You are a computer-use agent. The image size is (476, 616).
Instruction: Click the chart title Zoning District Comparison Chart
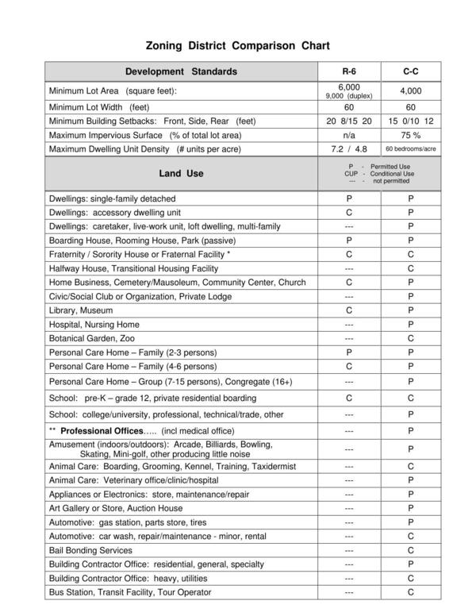pyautogui.click(x=237, y=46)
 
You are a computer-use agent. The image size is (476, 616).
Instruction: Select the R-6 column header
pyautogui.click(x=349, y=71)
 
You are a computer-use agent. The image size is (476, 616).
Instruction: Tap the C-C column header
pyautogui.click(x=410, y=71)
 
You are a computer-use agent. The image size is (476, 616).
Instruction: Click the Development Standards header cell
pyautogui.click(x=181, y=71)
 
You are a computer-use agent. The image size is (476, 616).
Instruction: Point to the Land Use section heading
pyautogui.click(x=181, y=173)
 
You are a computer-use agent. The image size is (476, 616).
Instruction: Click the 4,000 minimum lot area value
pyautogui.click(x=410, y=90)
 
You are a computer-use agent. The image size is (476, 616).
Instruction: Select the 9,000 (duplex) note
pyautogui.click(x=349, y=96)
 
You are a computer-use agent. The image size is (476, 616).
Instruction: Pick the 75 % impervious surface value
pyautogui.click(x=410, y=135)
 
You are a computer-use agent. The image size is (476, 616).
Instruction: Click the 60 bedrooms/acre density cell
pyautogui.click(x=410, y=149)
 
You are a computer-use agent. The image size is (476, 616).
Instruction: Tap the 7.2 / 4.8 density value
pyautogui.click(x=349, y=149)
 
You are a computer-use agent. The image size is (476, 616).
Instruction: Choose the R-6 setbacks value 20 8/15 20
pyautogui.click(x=349, y=121)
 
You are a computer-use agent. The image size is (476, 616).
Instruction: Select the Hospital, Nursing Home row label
pyautogui.click(x=94, y=324)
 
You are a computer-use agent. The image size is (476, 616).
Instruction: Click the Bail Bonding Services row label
pyautogui.click(x=90, y=550)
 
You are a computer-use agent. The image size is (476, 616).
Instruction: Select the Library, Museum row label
pyautogui.click(x=81, y=310)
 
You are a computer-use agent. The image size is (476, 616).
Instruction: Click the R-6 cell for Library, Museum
pyautogui.click(x=349, y=310)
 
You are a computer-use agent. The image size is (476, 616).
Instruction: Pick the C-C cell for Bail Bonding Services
pyautogui.click(x=410, y=550)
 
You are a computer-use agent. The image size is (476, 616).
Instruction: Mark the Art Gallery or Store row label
pyautogui.click(x=116, y=508)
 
